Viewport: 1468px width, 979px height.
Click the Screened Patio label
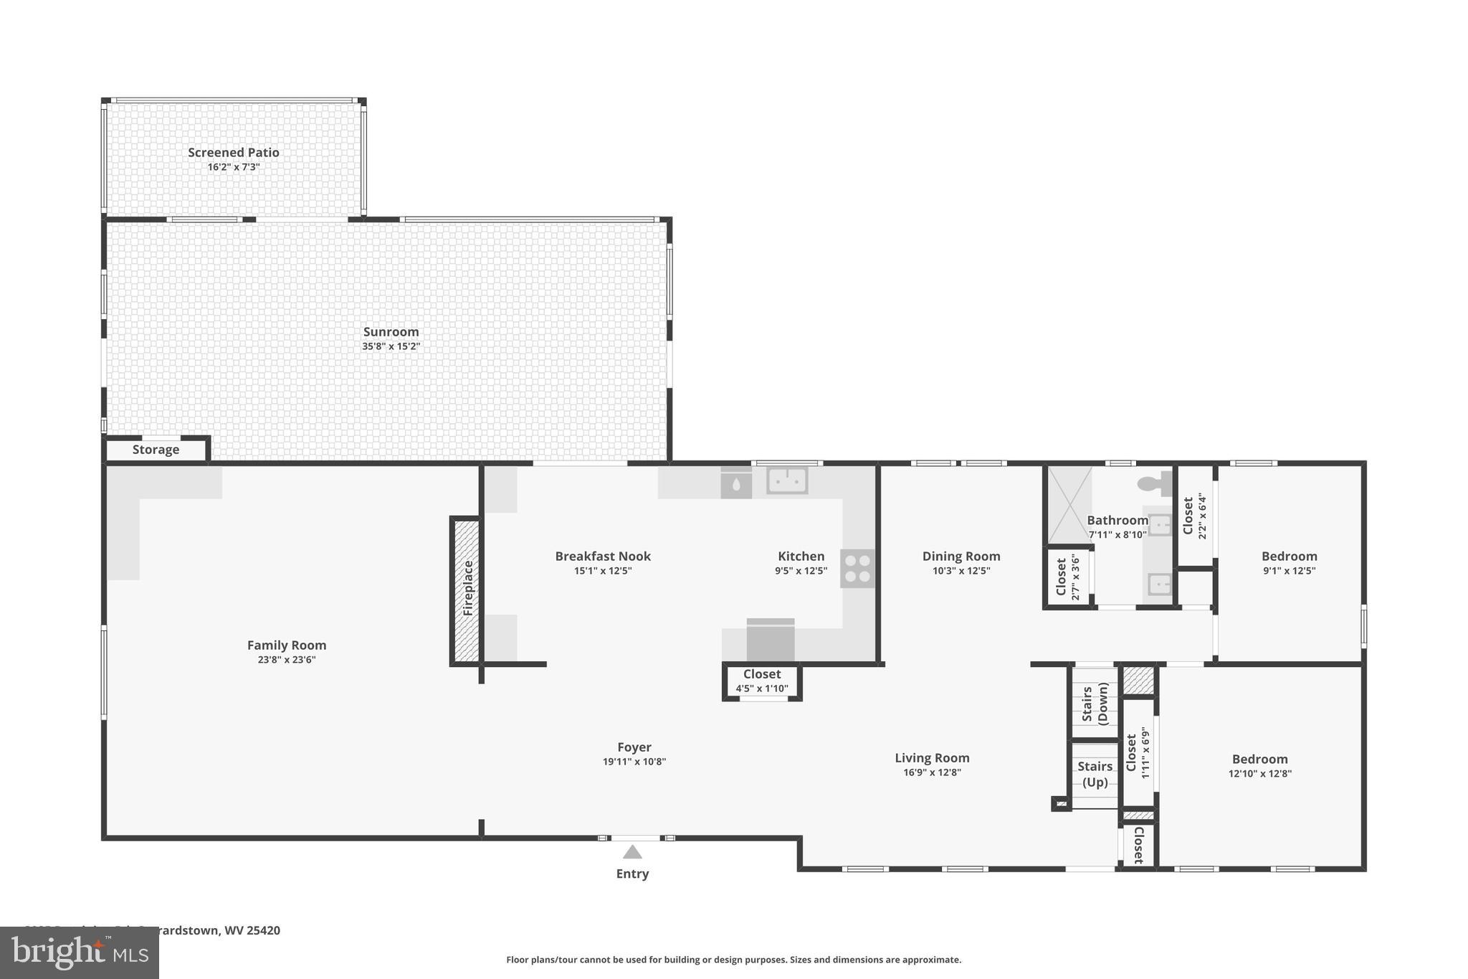[x=233, y=152]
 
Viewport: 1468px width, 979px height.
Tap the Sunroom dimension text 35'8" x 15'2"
[x=391, y=346]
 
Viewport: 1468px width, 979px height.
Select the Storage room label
[x=156, y=450]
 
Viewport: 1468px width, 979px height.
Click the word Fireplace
[x=468, y=588]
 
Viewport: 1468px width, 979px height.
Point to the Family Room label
[x=287, y=645]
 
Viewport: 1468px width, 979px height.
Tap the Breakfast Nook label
[x=603, y=556]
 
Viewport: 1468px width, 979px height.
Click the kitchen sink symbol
[x=787, y=481]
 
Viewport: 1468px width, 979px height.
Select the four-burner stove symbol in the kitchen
[x=857, y=569]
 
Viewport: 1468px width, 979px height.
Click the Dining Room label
[x=961, y=556]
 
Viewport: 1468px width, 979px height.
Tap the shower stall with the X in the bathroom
[x=1069, y=505]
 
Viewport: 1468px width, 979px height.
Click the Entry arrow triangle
[x=632, y=852]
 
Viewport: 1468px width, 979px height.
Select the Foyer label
[x=634, y=747]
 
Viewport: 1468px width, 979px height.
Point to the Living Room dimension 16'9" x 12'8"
[x=932, y=772]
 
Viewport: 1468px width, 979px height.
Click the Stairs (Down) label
[x=1095, y=703]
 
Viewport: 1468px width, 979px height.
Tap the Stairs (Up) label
[x=1095, y=774]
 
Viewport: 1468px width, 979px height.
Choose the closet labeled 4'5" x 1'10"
[x=762, y=681]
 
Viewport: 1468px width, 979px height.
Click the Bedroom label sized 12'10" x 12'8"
[x=1259, y=759]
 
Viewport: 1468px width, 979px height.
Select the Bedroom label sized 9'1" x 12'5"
[x=1289, y=556]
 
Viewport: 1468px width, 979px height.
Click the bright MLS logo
[x=80, y=952]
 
